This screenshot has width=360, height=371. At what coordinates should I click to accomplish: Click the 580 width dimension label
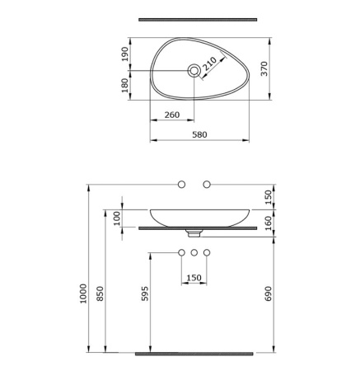[x=199, y=134]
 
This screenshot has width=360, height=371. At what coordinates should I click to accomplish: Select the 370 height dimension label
[x=264, y=68]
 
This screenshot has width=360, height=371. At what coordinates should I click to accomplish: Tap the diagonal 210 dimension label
[x=209, y=63]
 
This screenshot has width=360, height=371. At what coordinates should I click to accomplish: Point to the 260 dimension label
[x=172, y=115]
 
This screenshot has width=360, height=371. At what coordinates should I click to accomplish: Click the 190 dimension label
[x=125, y=54]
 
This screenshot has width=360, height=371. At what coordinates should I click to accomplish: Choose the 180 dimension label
[x=125, y=86]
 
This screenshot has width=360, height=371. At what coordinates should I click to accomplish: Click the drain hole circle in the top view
[x=194, y=71]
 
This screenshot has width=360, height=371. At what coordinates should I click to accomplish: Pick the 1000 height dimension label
[x=83, y=294]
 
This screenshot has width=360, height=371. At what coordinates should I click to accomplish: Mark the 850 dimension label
[x=101, y=294]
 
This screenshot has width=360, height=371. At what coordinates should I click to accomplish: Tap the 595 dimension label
[x=145, y=294]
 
